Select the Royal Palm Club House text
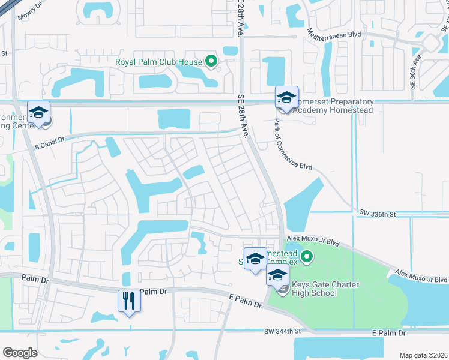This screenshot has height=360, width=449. click(159, 61)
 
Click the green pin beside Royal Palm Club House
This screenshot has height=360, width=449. click(211, 61)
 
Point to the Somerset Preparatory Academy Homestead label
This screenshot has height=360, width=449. click(334, 106)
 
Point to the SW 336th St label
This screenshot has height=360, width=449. click(379, 213)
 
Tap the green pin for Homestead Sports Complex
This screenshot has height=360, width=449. click(307, 258)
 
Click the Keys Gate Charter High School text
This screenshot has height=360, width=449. click(322, 289)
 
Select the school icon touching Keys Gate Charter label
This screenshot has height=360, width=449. click(277, 277)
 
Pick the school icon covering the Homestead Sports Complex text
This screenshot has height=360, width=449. click(255, 259)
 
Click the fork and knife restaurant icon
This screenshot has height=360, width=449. click(128, 299)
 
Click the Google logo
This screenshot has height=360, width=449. click(20, 353)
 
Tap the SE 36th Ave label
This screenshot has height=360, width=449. click(414, 73)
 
